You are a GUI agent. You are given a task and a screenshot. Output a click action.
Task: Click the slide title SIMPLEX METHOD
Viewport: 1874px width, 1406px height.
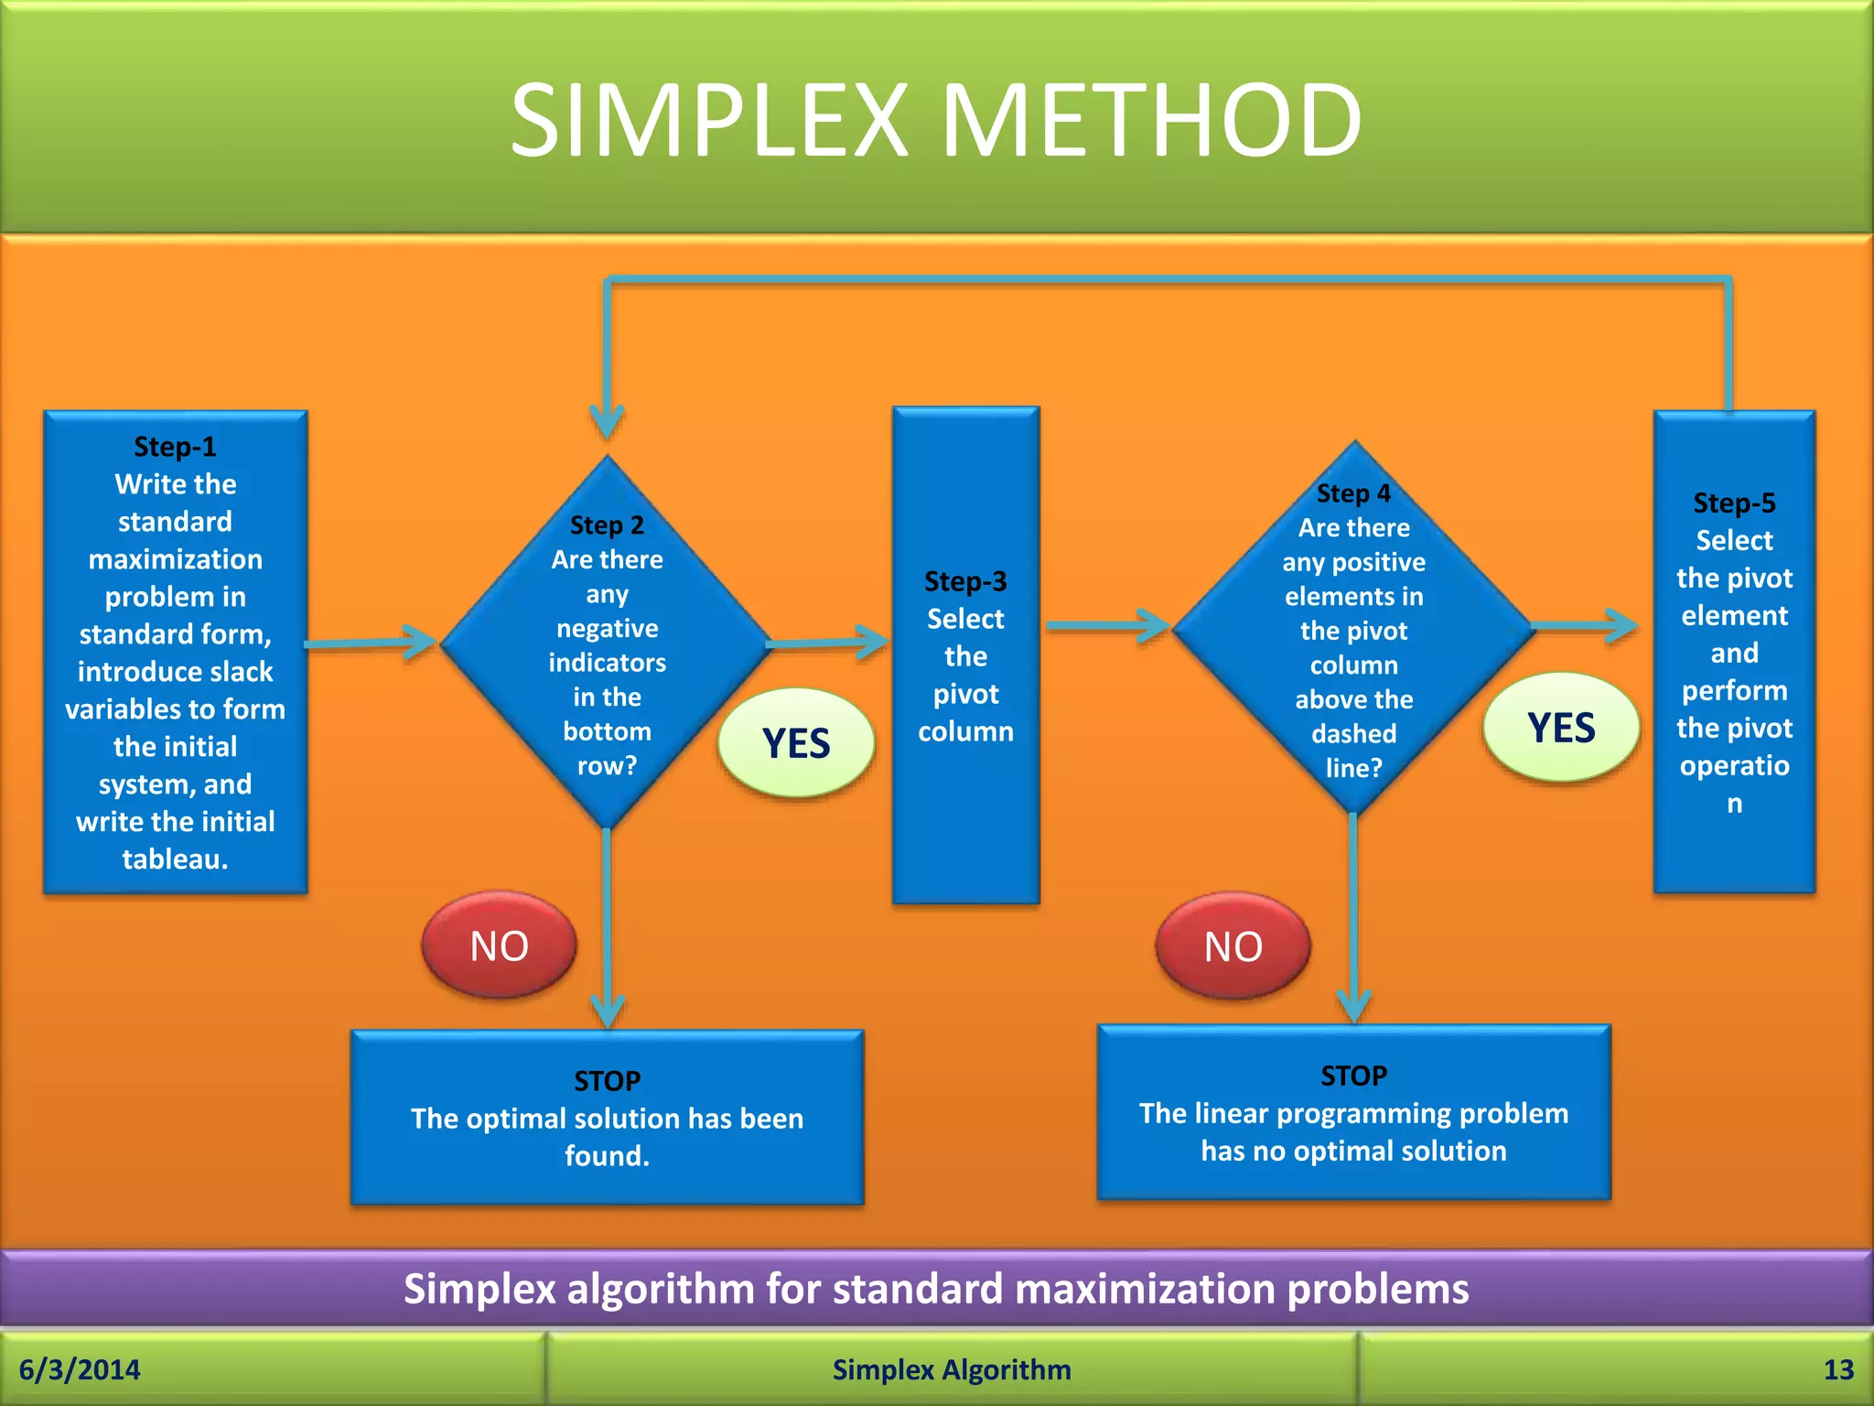tap(935, 120)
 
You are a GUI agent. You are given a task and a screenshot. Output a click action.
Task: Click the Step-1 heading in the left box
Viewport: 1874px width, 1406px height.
tap(175, 447)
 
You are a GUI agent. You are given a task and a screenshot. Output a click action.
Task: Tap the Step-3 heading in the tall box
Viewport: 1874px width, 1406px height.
tap(965, 581)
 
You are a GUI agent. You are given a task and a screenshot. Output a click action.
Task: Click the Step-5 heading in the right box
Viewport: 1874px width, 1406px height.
tap(1734, 503)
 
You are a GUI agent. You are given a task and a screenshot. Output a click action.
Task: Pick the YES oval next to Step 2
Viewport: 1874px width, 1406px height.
tap(796, 743)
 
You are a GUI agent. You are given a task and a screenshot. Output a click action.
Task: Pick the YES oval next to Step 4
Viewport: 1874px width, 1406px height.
tap(1561, 728)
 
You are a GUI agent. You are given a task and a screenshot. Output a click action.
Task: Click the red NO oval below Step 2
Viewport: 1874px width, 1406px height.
tap(499, 946)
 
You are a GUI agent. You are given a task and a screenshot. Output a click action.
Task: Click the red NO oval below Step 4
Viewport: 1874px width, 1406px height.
tap(1233, 946)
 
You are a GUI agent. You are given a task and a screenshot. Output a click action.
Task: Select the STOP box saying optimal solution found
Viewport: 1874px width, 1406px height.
tap(607, 1118)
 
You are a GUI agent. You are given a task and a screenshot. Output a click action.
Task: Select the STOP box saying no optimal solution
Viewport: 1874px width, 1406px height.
tap(1353, 1112)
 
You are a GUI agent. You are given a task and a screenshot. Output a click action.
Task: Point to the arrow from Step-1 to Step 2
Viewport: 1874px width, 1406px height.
tap(371, 643)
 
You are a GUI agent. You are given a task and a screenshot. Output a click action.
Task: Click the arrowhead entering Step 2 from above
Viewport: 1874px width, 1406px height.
tap(607, 423)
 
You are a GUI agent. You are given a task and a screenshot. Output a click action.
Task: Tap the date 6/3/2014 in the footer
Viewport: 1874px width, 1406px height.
tap(80, 1369)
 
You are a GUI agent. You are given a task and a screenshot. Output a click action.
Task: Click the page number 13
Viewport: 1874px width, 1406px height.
tap(1838, 1369)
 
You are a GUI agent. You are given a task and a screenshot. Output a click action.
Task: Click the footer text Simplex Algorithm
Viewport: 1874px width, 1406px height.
tap(952, 1369)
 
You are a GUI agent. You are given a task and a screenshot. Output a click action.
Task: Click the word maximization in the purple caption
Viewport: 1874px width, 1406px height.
tap(1145, 1289)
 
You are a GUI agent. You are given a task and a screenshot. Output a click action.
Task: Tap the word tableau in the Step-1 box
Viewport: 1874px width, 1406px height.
tap(171, 859)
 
